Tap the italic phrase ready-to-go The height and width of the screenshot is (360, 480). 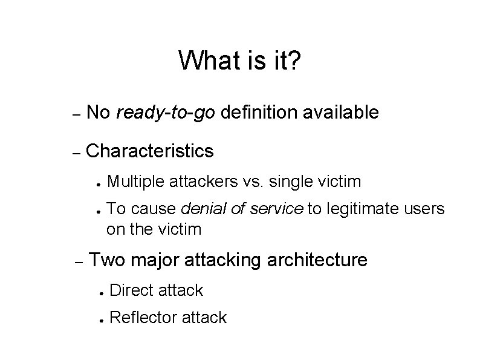(x=166, y=113)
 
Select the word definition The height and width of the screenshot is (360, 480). (x=259, y=112)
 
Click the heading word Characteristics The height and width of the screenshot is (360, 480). (x=150, y=151)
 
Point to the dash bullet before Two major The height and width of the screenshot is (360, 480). (x=77, y=262)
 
